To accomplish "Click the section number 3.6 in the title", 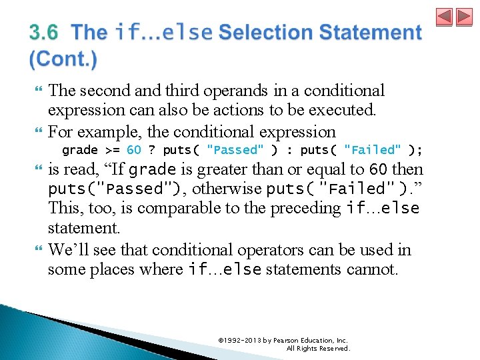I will [43, 32].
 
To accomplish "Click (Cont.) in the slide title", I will [63, 59].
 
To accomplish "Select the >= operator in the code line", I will [113, 150].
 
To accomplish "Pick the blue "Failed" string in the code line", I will [373, 150].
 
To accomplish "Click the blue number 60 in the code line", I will [134, 150].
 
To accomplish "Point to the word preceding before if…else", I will [307, 208].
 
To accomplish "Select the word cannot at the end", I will [374, 269].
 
